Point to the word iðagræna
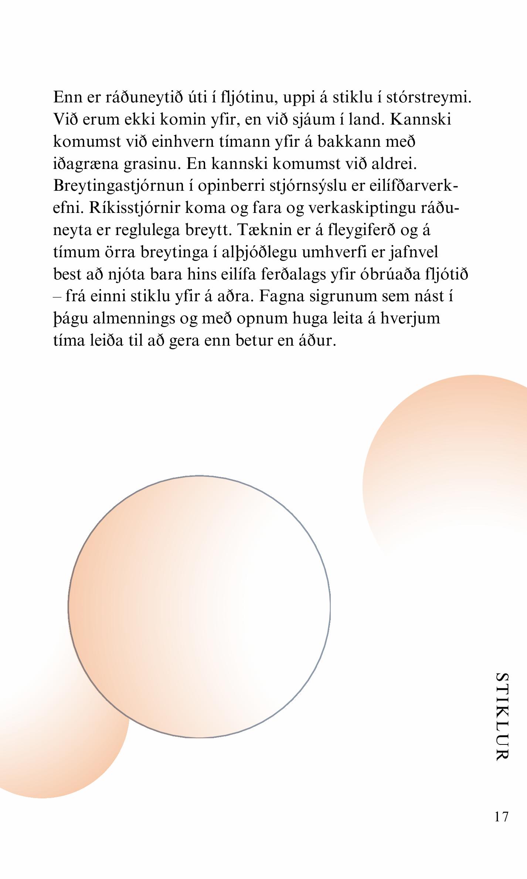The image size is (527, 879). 85,164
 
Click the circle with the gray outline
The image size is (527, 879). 199,607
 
